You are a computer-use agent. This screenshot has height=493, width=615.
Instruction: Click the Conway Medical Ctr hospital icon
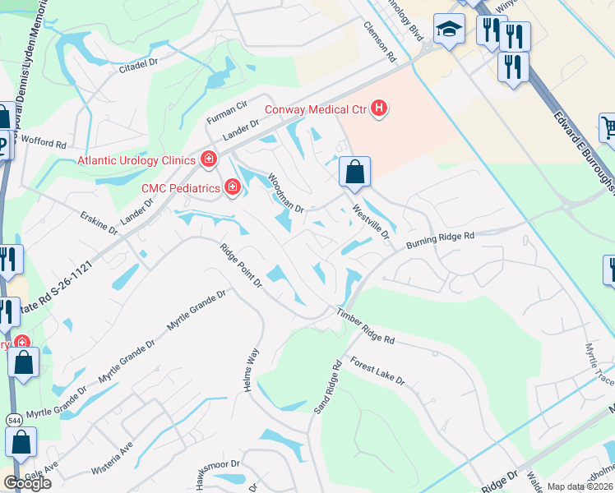coord(378,108)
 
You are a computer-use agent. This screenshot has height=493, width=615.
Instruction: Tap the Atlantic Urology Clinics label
coord(136,160)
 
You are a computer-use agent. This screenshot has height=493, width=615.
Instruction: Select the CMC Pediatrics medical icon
coord(233,188)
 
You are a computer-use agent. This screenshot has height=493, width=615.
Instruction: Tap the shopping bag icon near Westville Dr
coord(354,172)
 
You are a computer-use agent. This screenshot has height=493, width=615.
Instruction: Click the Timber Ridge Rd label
coord(365,325)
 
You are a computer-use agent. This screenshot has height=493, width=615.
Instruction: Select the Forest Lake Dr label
coord(377,371)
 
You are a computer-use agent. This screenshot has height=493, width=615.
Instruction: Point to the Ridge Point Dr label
coord(240,265)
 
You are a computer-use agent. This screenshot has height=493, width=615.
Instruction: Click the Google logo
coord(26,483)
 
